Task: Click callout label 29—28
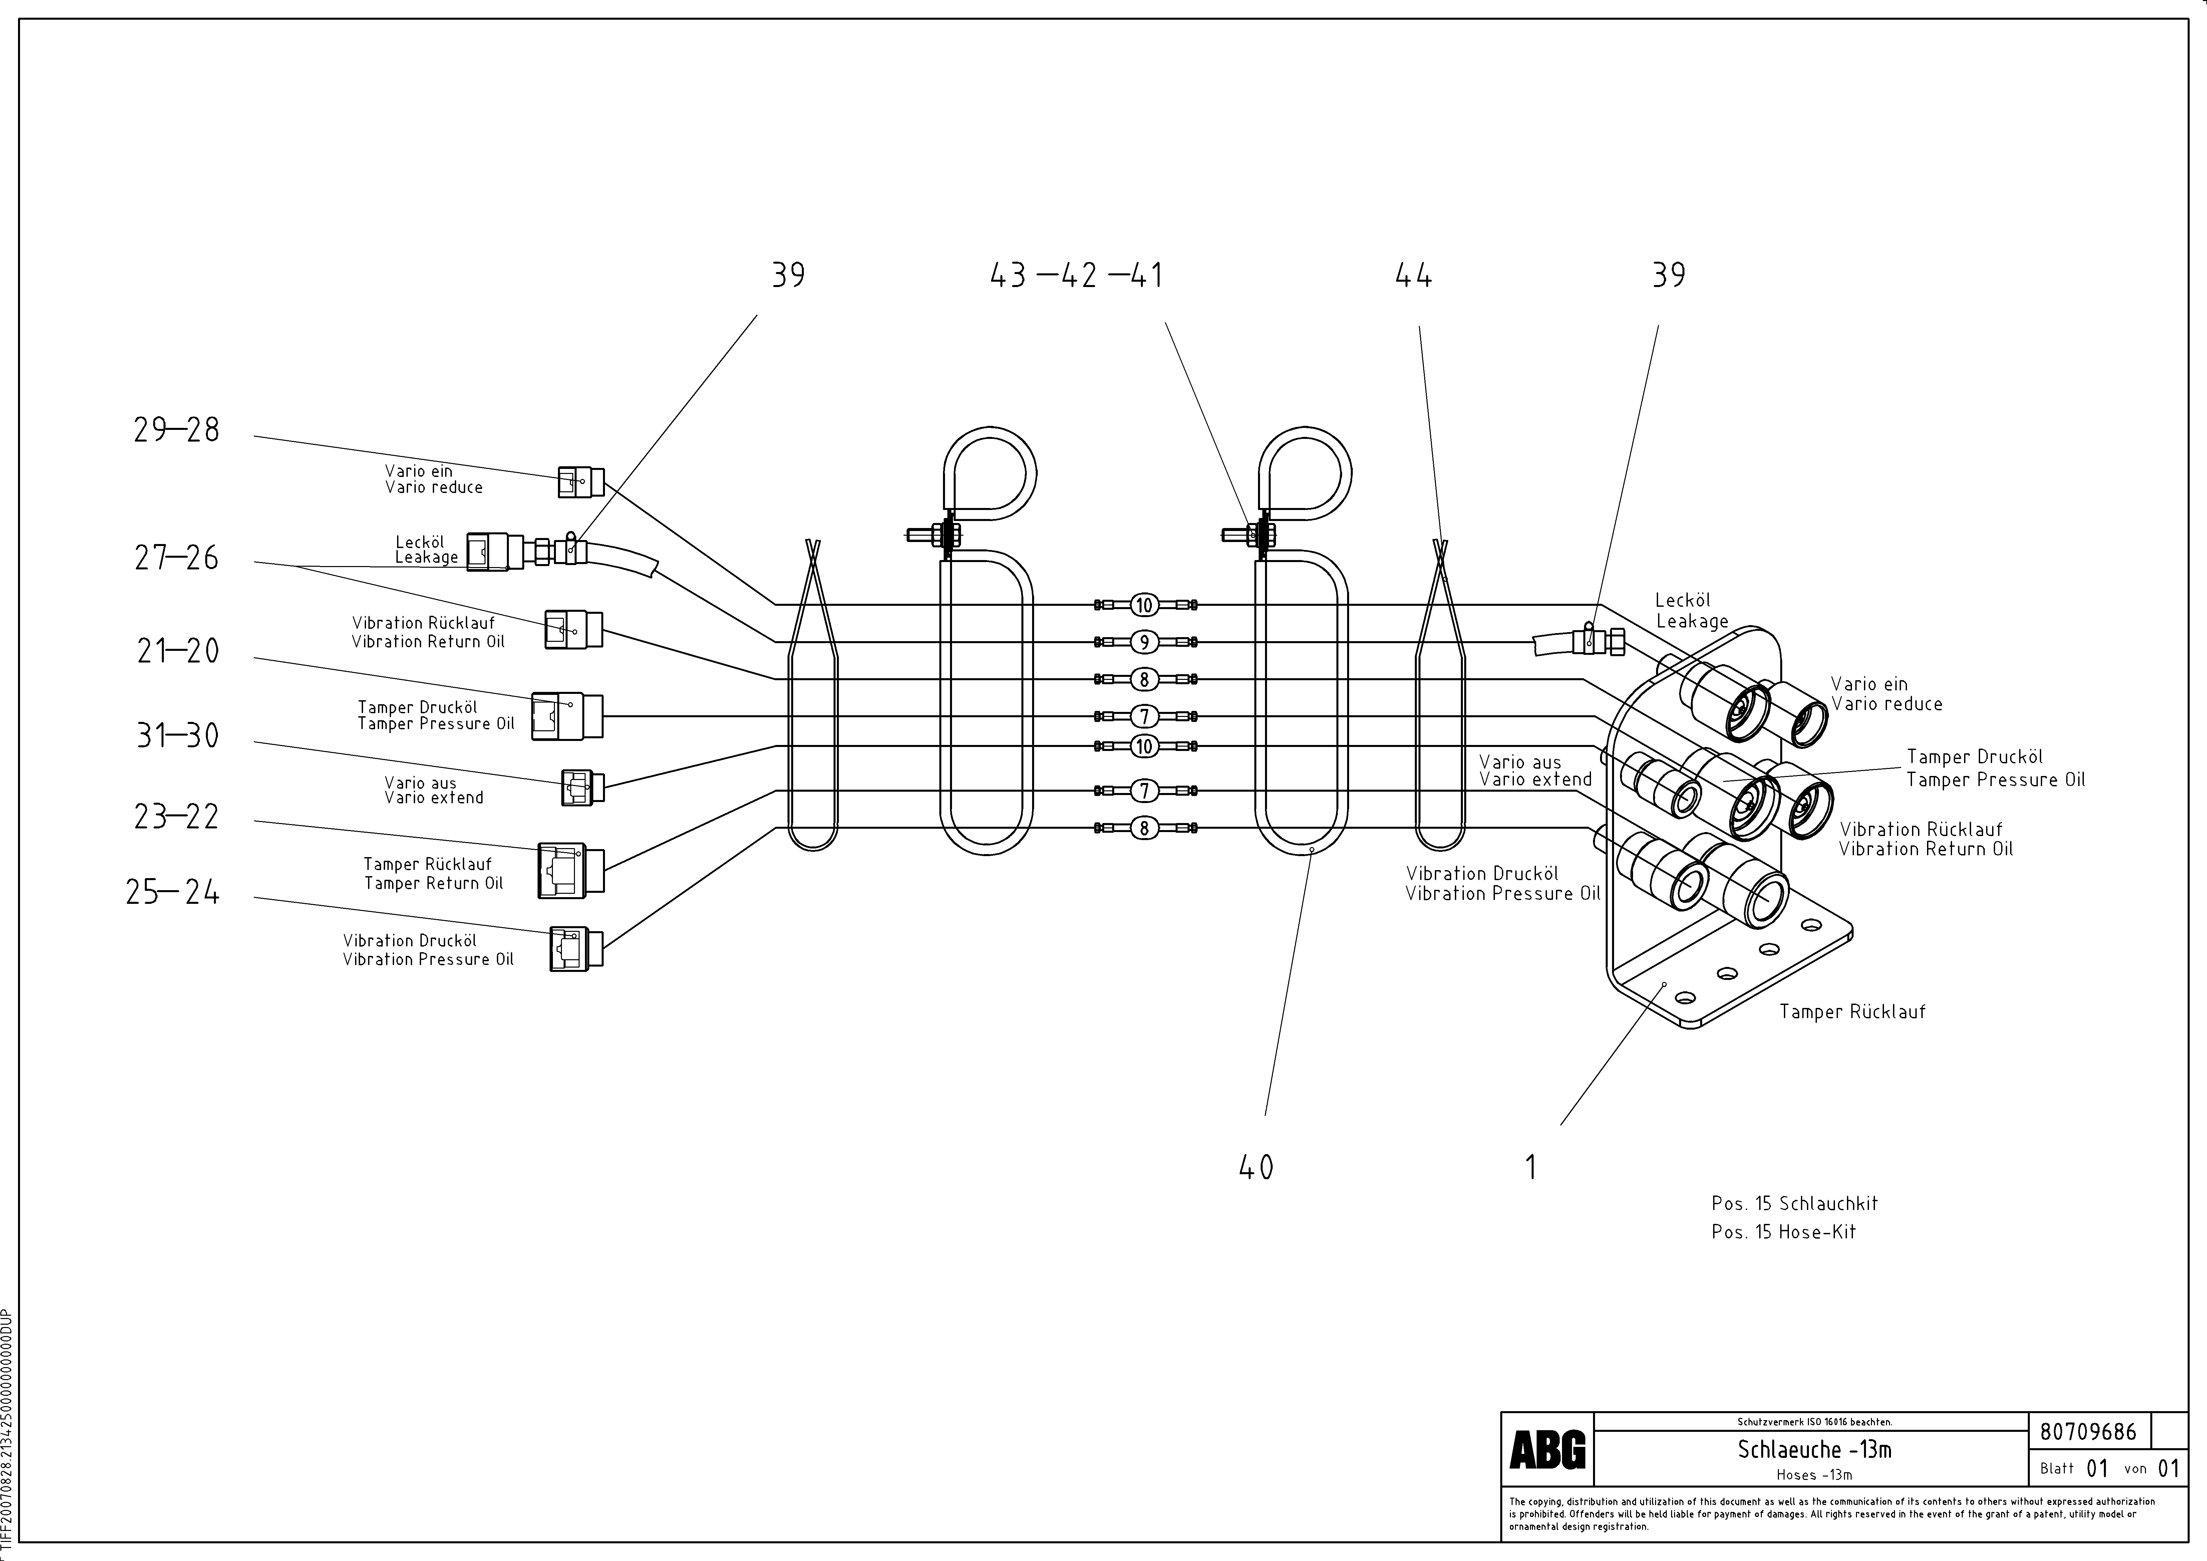pyautogui.click(x=177, y=430)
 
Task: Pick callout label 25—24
pyautogui.click(x=173, y=893)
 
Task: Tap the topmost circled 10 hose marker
pyautogui.click(x=1144, y=604)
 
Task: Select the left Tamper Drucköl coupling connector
pyautogui.click(x=567, y=716)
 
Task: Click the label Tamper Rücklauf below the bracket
pyautogui.click(x=1851, y=1011)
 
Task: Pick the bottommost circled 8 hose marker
pyautogui.click(x=1144, y=828)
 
